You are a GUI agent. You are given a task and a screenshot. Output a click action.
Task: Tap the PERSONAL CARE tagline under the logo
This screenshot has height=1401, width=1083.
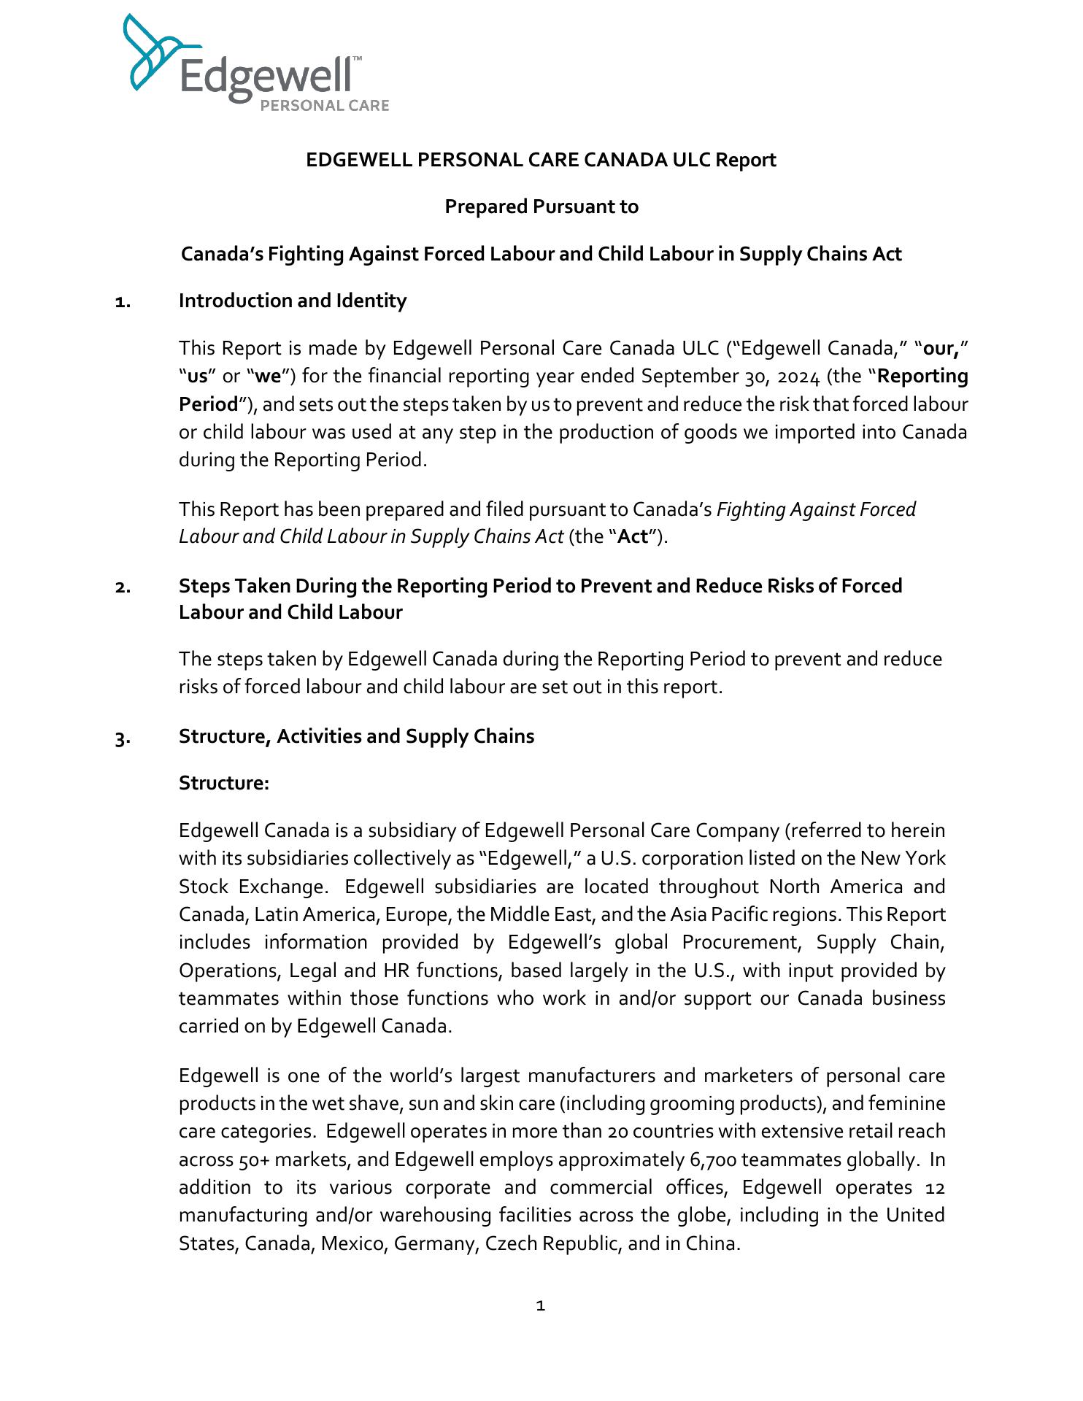(x=325, y=106)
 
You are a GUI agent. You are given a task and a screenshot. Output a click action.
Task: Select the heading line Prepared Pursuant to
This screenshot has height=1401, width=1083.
(x=541, y=207)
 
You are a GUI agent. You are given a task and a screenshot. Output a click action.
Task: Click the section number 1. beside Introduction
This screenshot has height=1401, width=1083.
(x=123, y=302)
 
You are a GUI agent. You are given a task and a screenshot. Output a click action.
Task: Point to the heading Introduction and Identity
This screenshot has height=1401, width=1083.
(x=293, y=301)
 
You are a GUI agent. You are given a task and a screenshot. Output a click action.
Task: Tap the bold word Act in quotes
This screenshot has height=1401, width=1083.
(x=633, y=537)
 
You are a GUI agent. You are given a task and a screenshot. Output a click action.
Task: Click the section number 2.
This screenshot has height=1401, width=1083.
(x=123, y=587)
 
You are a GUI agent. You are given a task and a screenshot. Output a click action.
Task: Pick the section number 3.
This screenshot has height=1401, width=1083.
(x=123, y=738)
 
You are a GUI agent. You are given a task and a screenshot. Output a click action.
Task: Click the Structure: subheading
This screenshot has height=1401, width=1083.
(x=224, y=784)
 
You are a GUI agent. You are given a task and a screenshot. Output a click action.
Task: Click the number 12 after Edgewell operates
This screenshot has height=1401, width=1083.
(x=935, y=1188)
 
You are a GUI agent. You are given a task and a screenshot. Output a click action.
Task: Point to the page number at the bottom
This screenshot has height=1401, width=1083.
(x=541, y=1305)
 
